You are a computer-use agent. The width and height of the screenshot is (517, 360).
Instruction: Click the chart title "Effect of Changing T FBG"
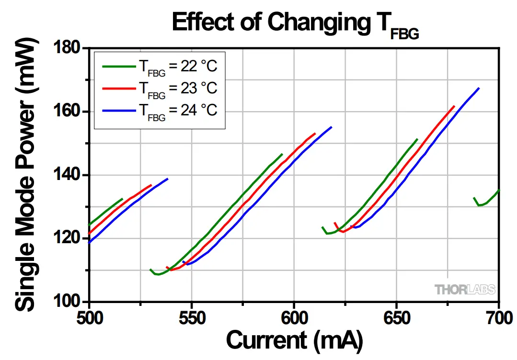(296, 23)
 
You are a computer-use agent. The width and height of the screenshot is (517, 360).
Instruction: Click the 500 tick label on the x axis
(89, 316)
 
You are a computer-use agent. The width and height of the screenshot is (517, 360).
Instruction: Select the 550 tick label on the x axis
(192, 316)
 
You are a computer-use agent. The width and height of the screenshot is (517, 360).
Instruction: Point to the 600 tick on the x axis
(294, 316)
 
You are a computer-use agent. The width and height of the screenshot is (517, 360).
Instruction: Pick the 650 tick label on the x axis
(397, 316)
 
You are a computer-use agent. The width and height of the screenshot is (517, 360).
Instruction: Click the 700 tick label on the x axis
(498, 316)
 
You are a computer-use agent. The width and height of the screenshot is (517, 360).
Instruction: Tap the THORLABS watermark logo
(465, 289)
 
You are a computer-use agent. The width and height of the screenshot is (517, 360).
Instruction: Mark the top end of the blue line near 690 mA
(478, 88)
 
